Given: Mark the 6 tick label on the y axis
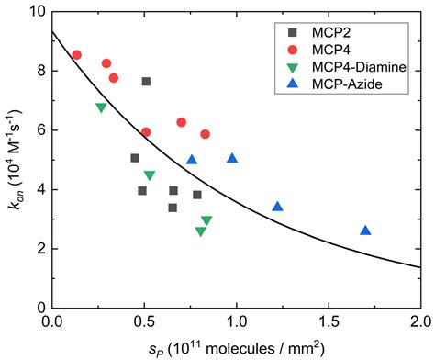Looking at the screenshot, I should pyautogui.click(x=37, y=129).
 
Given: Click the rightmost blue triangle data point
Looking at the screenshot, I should pyautogui.click(x=365, y=231).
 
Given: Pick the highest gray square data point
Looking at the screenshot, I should pyautogui.click(x=146, y=82).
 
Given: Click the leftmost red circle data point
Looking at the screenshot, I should pyautogui.click(x=76, y=55).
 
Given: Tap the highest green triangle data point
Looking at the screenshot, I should pyautogui.click(x=101, y=108).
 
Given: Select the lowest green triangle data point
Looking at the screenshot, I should pyautogui.click(x=200, y=232).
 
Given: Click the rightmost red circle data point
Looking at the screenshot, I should pyautogui.click(x=205, y=134).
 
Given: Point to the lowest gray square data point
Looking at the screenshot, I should pyautogui.click(x=173, y=208).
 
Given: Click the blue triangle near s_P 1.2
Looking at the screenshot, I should pyautogui.click(x=277, y=207).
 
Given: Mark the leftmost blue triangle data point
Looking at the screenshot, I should pyautogui.click(x=192, y=160).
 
